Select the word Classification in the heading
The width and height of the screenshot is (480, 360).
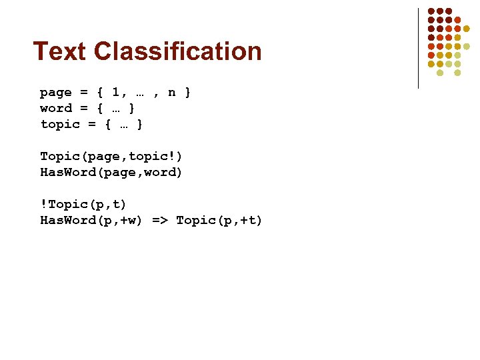(178, 51)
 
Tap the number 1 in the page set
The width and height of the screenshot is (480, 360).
(116, 92)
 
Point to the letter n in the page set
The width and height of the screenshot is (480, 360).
(171, 92)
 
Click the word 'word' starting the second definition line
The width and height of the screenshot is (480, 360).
(56, 108)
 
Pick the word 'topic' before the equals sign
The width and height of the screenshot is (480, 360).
(60, 124)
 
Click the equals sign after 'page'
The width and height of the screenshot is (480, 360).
(83, 92)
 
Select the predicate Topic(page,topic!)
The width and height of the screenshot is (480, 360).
(111, 156)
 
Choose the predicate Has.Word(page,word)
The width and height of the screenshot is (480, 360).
(111, 172)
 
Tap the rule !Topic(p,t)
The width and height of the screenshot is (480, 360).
(83, 204)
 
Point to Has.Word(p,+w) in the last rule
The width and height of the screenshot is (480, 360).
(91, 220)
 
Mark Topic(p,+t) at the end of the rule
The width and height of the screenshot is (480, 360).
(219, 220)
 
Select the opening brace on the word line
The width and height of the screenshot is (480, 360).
(100, 108)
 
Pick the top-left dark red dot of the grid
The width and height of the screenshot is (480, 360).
(431, 11)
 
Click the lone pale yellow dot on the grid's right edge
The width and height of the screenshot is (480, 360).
(467, 46)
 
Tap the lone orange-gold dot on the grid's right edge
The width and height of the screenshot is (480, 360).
(467, 29)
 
